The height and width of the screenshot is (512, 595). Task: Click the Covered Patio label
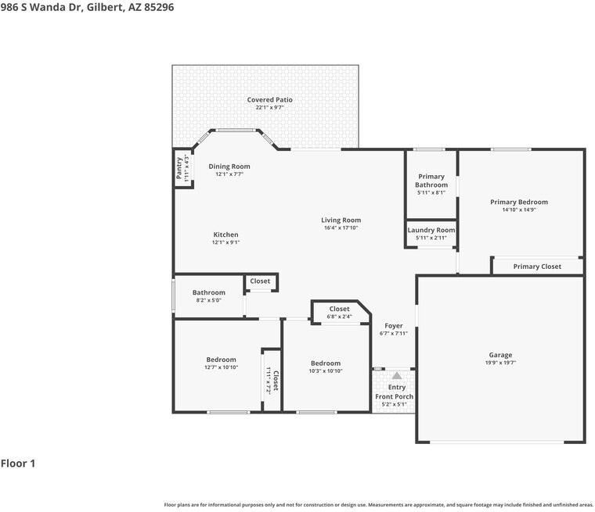point(269,100)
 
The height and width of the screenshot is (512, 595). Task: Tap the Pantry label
point(179,168)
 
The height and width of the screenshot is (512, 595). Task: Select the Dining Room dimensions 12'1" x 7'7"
point(229,174)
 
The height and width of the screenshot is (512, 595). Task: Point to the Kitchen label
point(225,235)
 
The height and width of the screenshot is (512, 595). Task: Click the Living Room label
point(341,220)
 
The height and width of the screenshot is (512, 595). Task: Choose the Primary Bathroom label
point(431,181)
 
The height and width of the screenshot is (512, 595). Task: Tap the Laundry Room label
point(431,230)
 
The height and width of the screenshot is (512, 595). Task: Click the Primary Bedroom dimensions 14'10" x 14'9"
point(519,209)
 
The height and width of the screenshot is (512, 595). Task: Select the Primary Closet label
point(537,267)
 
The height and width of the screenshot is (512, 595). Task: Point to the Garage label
point(500,355)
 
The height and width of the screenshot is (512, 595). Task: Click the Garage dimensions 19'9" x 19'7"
point(500,363)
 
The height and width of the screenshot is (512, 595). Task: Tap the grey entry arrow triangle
point(397,375)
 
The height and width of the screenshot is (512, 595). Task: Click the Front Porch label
point(395,396)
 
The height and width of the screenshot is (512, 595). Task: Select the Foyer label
point(394,326)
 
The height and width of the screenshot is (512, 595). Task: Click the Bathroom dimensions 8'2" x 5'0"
point(209,300)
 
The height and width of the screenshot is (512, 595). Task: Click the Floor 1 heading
point(18,464)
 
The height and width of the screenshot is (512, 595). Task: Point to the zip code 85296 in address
point(159,7)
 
